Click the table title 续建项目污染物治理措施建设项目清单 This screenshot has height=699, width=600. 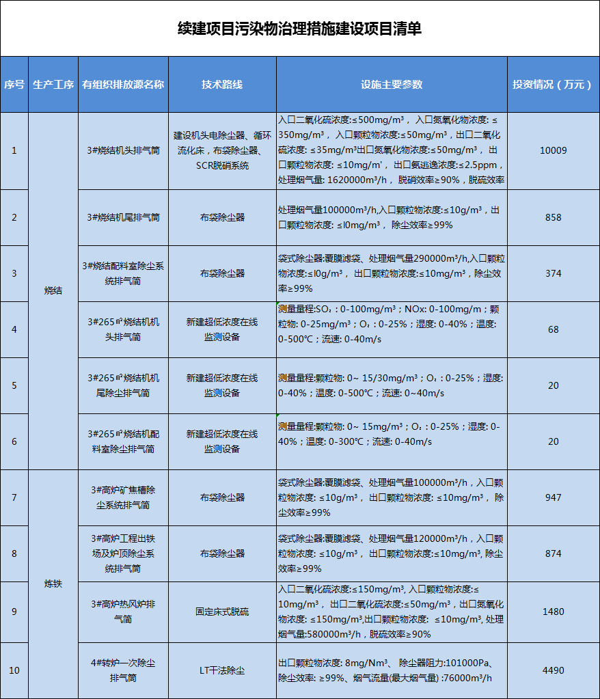point(299,29)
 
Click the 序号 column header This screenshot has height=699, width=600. point(14,85)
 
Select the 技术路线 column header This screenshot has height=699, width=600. point(222,85)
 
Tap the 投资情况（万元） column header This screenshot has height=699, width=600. point(553,85)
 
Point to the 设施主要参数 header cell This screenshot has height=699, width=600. point(392,85)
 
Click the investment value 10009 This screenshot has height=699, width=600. point(553,150)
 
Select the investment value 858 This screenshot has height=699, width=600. point(553,217)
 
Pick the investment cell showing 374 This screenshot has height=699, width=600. point(553,273)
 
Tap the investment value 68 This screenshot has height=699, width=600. point(553,329)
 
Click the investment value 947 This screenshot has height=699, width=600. point(553,497)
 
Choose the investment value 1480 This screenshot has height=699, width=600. point(553,612)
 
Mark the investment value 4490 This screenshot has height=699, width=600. point(553,670)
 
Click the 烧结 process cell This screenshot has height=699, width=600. point(53,290)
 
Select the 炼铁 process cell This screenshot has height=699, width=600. point(53,584)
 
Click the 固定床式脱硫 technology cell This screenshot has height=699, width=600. point(222,612)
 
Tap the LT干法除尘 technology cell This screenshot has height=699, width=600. point(222,670)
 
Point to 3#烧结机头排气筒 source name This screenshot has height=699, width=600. point(123,150)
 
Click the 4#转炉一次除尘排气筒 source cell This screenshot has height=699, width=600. point(123,670)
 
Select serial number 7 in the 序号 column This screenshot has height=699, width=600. point(14,497)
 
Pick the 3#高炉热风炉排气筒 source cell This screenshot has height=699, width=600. point(123,612)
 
